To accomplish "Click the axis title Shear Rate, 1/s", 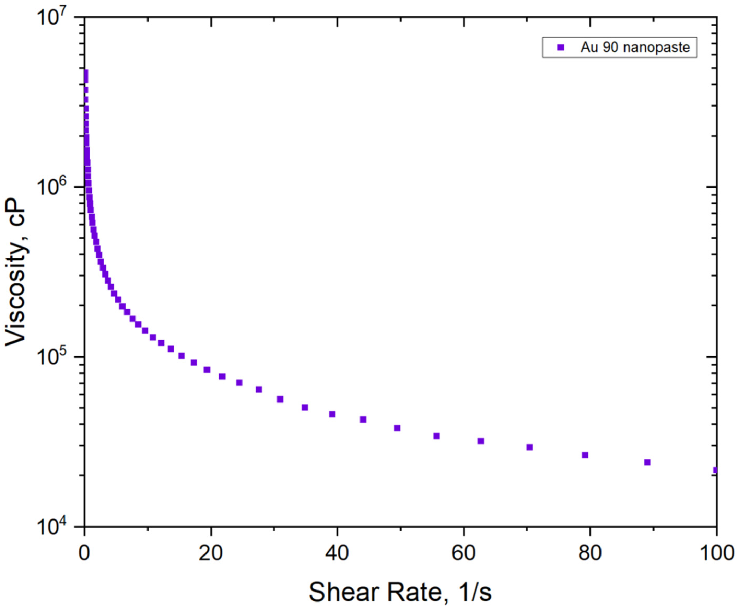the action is click(400, 592).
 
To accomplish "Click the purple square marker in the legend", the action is click(561, 47).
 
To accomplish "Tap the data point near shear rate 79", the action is click(585, 455).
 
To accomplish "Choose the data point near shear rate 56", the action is click(436, 436).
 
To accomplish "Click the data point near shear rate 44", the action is click(363, 419).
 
